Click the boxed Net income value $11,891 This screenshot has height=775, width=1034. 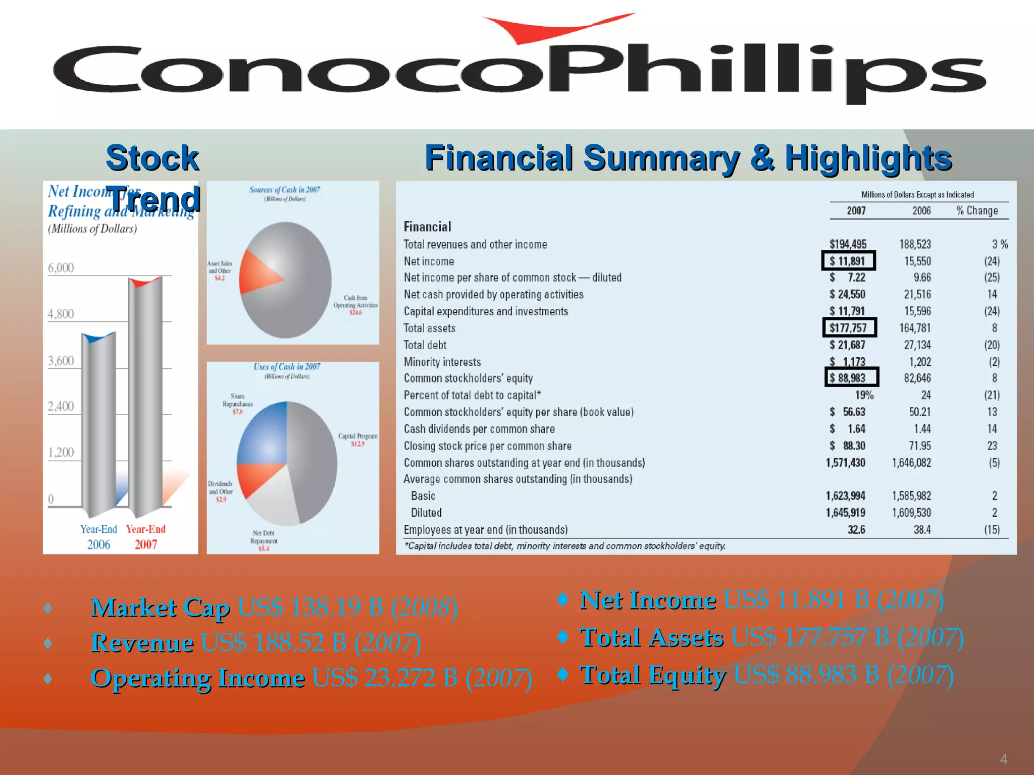(x=849, y=261)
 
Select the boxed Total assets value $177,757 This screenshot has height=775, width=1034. (x=849, y=328)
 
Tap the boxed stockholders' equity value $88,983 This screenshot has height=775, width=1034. (x=851, y=378)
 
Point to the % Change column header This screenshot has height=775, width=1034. (x=977, y=211)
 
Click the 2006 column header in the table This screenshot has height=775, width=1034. (x=921, y=211)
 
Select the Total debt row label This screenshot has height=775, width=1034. (x=425, y=345)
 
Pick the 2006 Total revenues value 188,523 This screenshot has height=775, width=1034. (x=915, y=244)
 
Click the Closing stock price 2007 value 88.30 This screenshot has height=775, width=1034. (x=853, y=446)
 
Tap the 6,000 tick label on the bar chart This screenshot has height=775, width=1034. (x=61, y=268)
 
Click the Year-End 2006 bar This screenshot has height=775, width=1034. (x=98, y=424)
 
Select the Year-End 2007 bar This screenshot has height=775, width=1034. (x=145, y=394)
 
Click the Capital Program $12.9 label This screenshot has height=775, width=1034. (x=357, y=439)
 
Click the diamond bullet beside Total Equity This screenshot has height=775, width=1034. (x=562, y=674)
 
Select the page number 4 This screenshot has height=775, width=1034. (x=1003, y=759)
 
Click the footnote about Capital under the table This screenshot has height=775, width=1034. (x=564, y=546)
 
